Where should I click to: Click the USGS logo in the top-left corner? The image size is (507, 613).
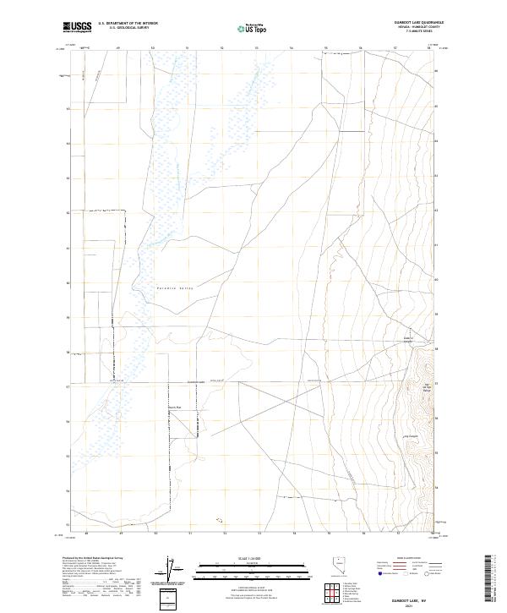[x=77, y=28]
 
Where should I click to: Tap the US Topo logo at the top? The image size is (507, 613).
[x=245, y=29]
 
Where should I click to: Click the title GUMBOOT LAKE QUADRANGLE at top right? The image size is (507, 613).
[x=405, y=23]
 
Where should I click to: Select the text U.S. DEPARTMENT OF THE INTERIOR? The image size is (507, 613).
[x=128, y=24]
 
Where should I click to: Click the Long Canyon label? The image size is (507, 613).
[x=411, y=436]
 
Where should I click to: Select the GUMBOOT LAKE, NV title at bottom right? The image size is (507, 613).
[x=406, y=598]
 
